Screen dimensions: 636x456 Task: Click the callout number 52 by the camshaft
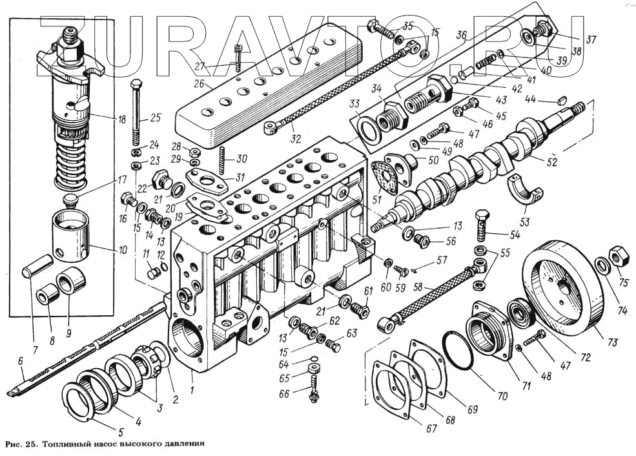(551, 161)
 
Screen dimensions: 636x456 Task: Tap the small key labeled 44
(562, 99)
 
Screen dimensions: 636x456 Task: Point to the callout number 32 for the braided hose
(296, 139)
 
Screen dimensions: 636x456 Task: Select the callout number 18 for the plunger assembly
(122, 119)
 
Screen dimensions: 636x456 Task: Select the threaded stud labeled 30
(222, 160)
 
